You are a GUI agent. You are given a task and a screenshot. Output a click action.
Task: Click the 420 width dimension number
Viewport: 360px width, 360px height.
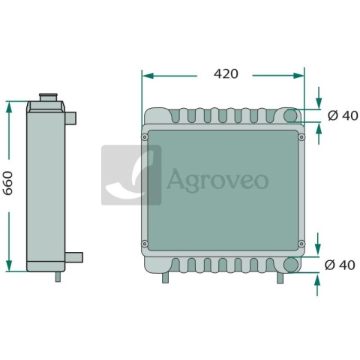(x=226, y=73)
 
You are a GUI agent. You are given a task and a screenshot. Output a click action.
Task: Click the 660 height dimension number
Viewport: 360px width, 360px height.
(x=8, y=183)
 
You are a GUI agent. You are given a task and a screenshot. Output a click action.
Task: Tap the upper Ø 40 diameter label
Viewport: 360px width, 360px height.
(x=343, y=115)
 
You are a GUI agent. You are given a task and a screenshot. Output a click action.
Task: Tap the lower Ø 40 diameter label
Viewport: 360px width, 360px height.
(x=340, y=265)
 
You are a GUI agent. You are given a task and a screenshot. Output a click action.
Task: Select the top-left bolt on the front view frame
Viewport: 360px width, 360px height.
(x=145, y=137)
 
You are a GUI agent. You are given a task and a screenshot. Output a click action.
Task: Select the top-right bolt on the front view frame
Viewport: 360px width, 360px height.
(x=301, y=137)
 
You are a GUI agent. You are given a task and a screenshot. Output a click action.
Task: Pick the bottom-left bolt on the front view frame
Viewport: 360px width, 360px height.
(x=145, y=244)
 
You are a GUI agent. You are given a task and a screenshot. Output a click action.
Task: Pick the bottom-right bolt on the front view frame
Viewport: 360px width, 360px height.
(x=301, y=244)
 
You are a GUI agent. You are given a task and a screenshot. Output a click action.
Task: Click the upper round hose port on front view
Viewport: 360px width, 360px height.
(x=290, y=115)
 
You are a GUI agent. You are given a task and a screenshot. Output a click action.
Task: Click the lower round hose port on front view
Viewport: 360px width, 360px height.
(x=291, y=264)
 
